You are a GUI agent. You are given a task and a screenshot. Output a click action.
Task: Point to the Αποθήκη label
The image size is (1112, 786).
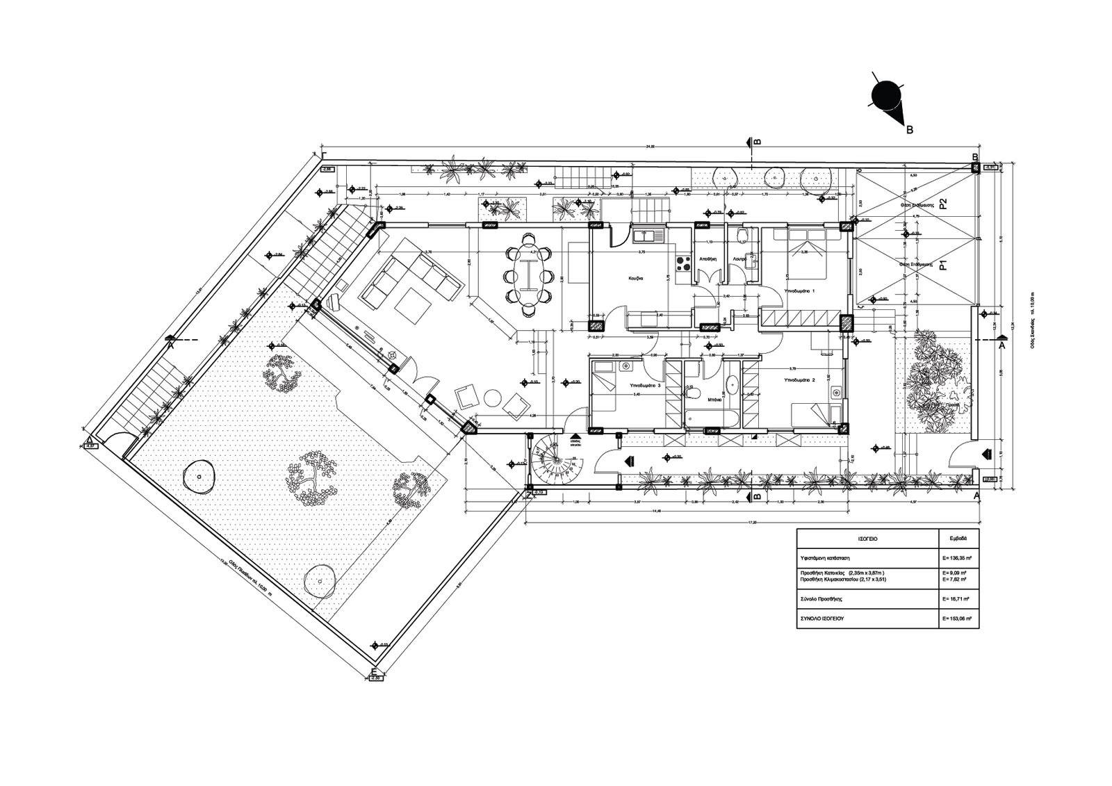pyautogui.click(x=708, y=258)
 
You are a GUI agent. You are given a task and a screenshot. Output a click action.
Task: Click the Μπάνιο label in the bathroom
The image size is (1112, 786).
pyautogui.click(x=714, y=400)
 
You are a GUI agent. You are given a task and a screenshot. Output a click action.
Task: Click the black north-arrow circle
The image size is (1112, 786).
pyautogui.click(x=886, y=95)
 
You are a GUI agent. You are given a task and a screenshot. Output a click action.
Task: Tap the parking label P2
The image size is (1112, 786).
pyautogui.click(x=944, y=204)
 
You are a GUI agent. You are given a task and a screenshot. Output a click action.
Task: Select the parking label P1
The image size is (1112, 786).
pyautogui.click(x=944, y=264)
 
